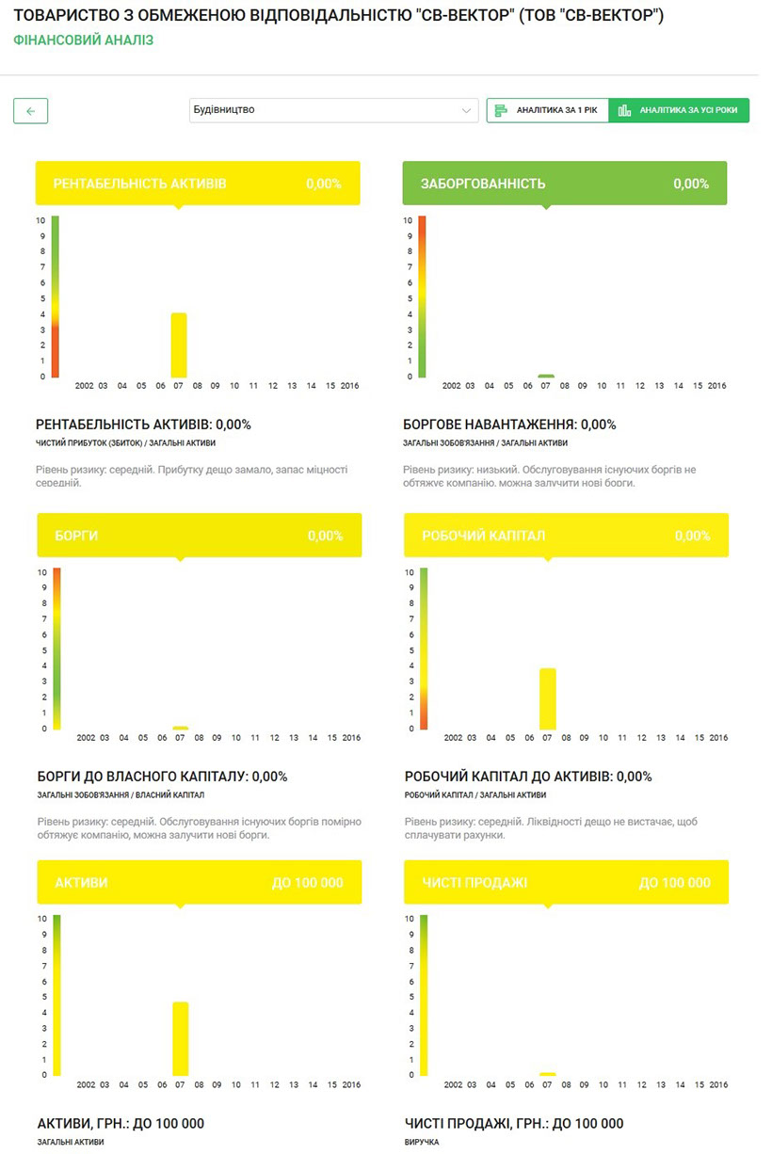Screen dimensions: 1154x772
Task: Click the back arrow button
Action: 30,111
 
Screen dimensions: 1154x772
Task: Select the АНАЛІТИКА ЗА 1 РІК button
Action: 548,110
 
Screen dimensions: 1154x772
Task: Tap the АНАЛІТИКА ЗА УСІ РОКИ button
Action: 679,110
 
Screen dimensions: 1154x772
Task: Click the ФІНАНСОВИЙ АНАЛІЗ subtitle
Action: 84,40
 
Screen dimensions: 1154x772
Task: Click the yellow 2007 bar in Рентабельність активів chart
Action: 179,345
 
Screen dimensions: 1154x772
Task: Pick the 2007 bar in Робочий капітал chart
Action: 548,698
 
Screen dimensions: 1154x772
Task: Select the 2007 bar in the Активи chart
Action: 181,1038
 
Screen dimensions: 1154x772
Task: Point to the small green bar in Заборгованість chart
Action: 546,376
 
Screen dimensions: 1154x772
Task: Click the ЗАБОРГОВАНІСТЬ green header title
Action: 483,184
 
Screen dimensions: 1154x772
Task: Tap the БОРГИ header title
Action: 76,536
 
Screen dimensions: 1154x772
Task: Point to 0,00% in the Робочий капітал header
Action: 692,536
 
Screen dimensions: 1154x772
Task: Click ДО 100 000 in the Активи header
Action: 307,883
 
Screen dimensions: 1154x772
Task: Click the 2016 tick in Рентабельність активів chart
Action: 349,386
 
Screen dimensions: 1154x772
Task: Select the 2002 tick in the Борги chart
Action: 86,738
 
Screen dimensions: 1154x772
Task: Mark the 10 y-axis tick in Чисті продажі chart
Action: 409,919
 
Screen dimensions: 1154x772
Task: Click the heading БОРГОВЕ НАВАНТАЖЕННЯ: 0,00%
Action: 509,425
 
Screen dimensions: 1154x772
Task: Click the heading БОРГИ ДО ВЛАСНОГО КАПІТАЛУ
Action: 161,777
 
